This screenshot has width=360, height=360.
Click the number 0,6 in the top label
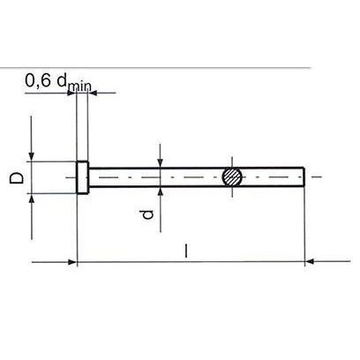38,81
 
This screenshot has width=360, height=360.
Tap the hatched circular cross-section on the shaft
232,176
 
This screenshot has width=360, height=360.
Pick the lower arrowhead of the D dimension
33,199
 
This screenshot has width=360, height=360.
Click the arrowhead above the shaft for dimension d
160,162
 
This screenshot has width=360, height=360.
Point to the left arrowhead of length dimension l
73,261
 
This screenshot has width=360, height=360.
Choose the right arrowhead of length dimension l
311,261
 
